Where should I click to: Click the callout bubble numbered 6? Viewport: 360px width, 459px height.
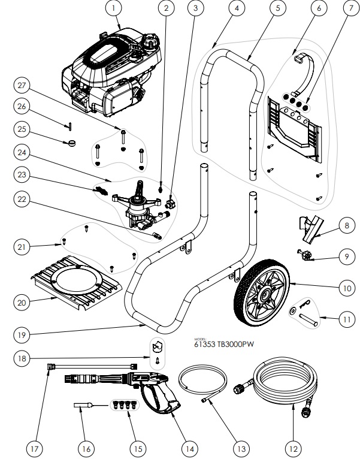(x=319, y=9)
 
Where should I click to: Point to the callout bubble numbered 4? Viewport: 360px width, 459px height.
(x=237, y=9)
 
